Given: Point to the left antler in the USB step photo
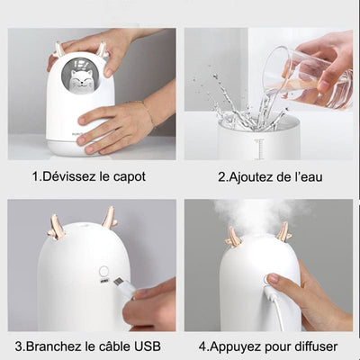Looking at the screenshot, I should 58,227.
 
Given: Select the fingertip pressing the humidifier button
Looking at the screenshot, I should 273,279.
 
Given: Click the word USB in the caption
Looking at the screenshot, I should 147,346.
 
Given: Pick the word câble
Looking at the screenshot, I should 112,346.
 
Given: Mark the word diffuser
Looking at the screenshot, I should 314,346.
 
